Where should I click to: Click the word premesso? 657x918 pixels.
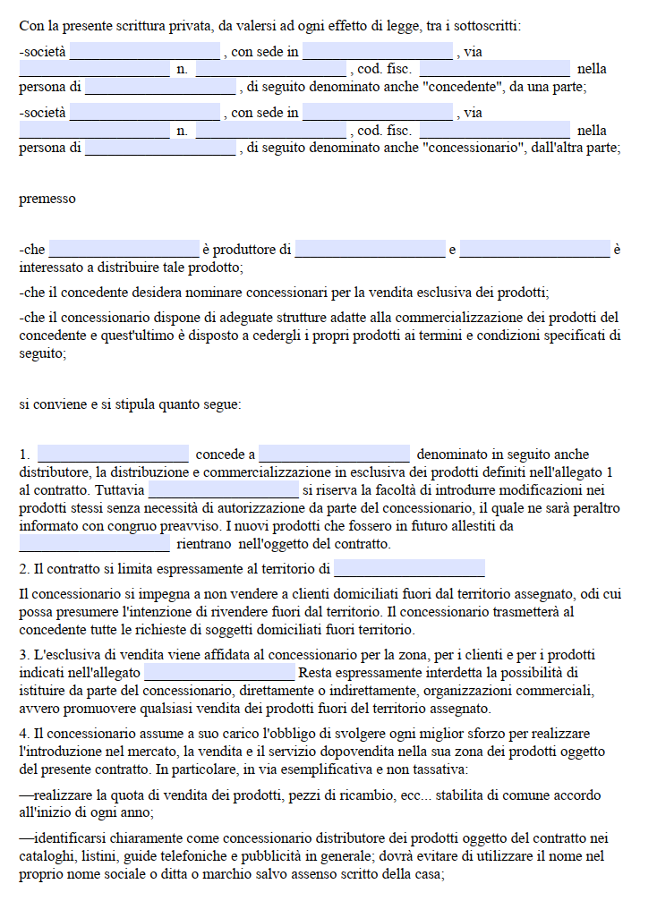coord(47,199)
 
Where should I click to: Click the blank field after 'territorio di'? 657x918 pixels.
coord(409,568)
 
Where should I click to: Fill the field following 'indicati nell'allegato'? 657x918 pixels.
coord(219,672)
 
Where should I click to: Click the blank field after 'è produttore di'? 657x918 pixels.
coord(370,249)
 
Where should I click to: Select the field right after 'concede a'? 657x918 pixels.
coord(334,454)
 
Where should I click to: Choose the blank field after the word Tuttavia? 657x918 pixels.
coord(224,489)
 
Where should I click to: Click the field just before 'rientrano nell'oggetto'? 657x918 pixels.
coord(94,543)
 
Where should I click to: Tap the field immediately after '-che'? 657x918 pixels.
coord(124,249)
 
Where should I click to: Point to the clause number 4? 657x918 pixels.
coord(23,734)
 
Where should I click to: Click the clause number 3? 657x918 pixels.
coord(23,655)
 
